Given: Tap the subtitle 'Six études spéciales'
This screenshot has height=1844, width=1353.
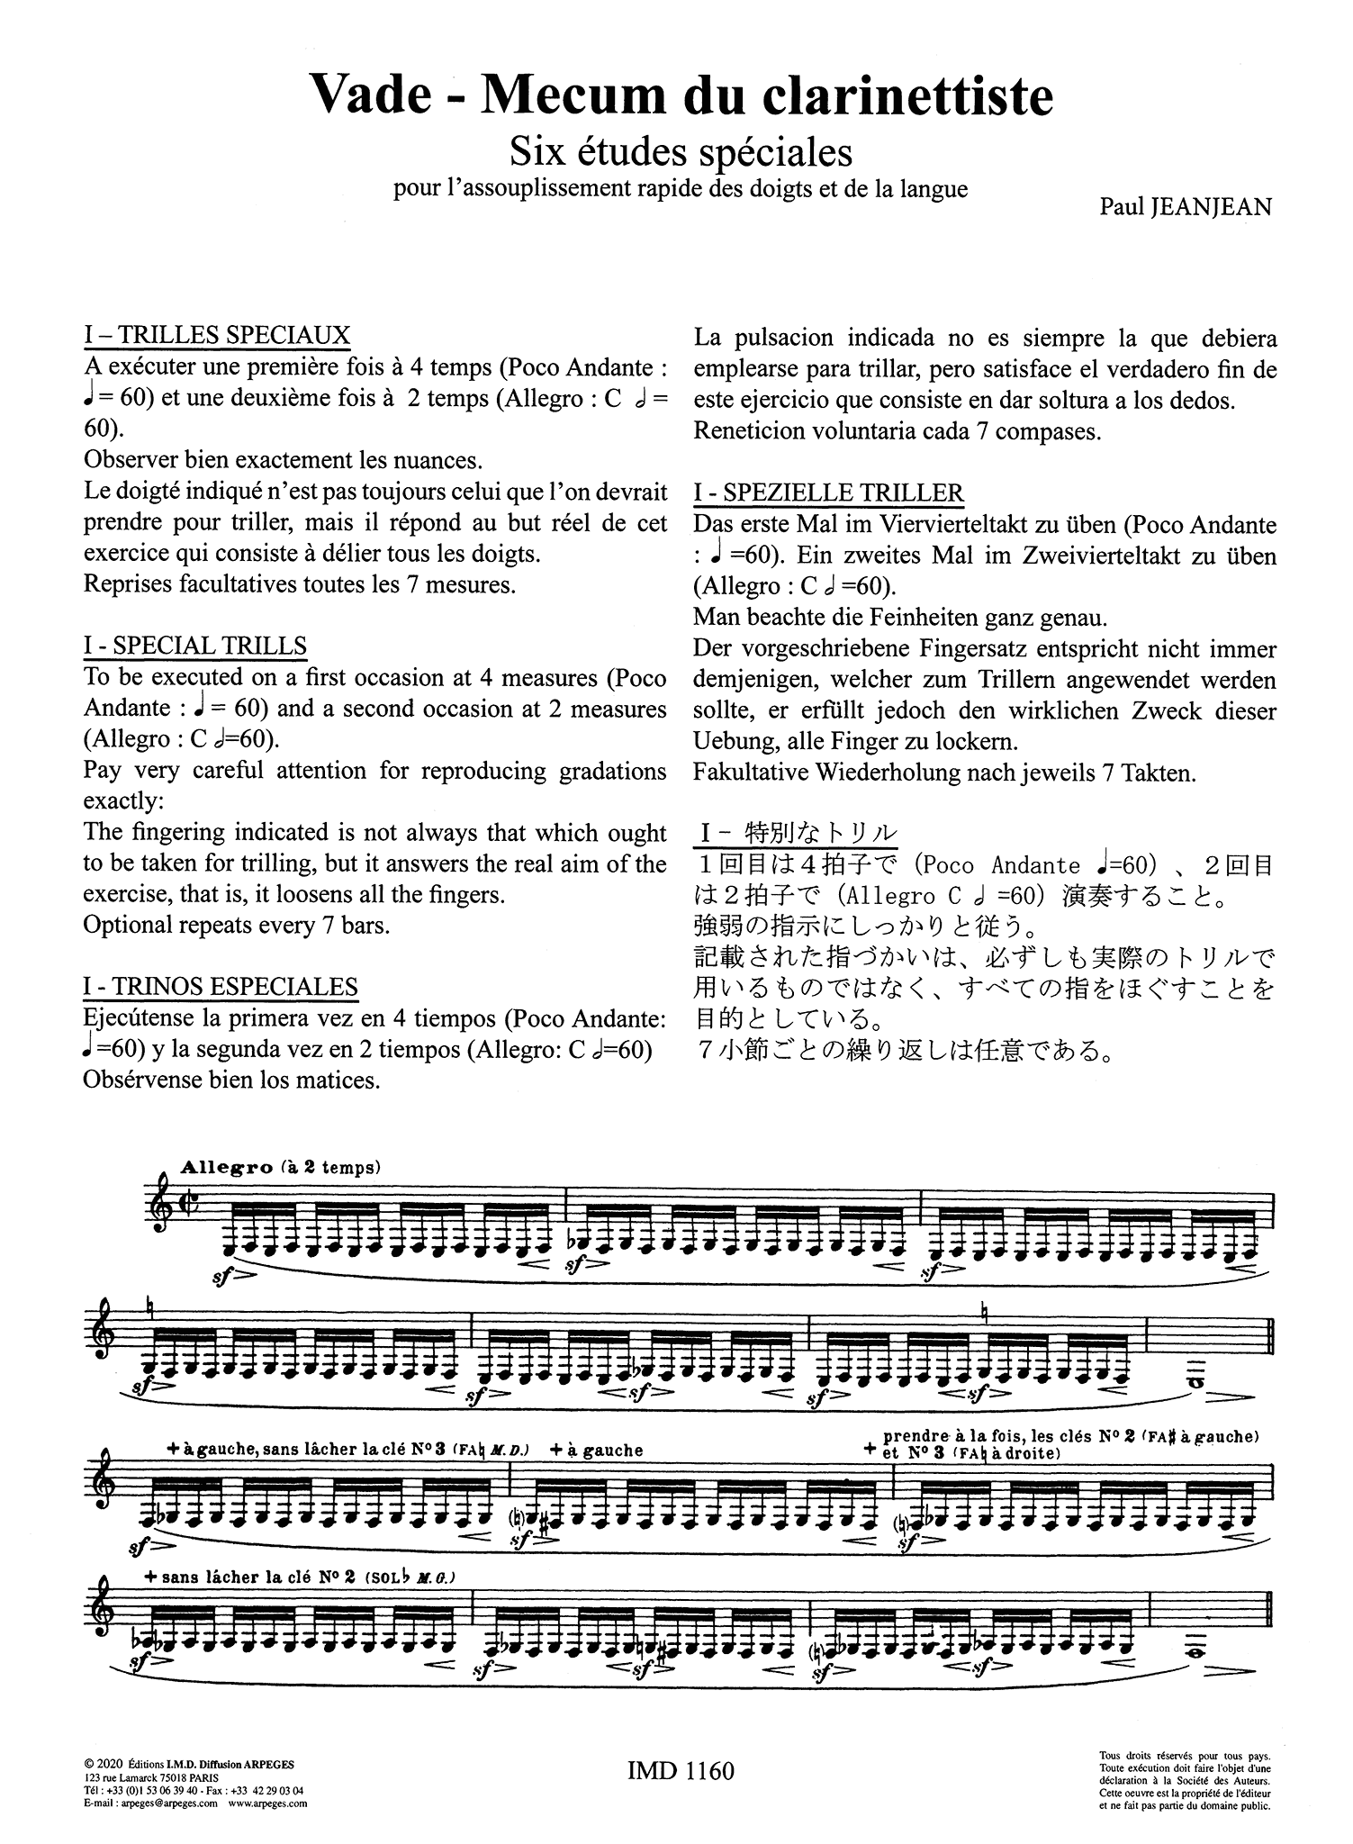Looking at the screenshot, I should [x=681, y=151].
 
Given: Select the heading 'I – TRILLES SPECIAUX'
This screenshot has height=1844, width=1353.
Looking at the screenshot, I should [x=216, y=336].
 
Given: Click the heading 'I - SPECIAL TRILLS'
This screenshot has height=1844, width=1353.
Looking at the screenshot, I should [x=194, y=646].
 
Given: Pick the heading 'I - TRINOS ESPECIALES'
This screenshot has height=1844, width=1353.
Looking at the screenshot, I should [x=221, y=987].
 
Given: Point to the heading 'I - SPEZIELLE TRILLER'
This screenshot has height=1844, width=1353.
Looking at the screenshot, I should [x=828, y=493].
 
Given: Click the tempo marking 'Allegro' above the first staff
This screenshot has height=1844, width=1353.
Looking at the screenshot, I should [x=226, y=1167].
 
